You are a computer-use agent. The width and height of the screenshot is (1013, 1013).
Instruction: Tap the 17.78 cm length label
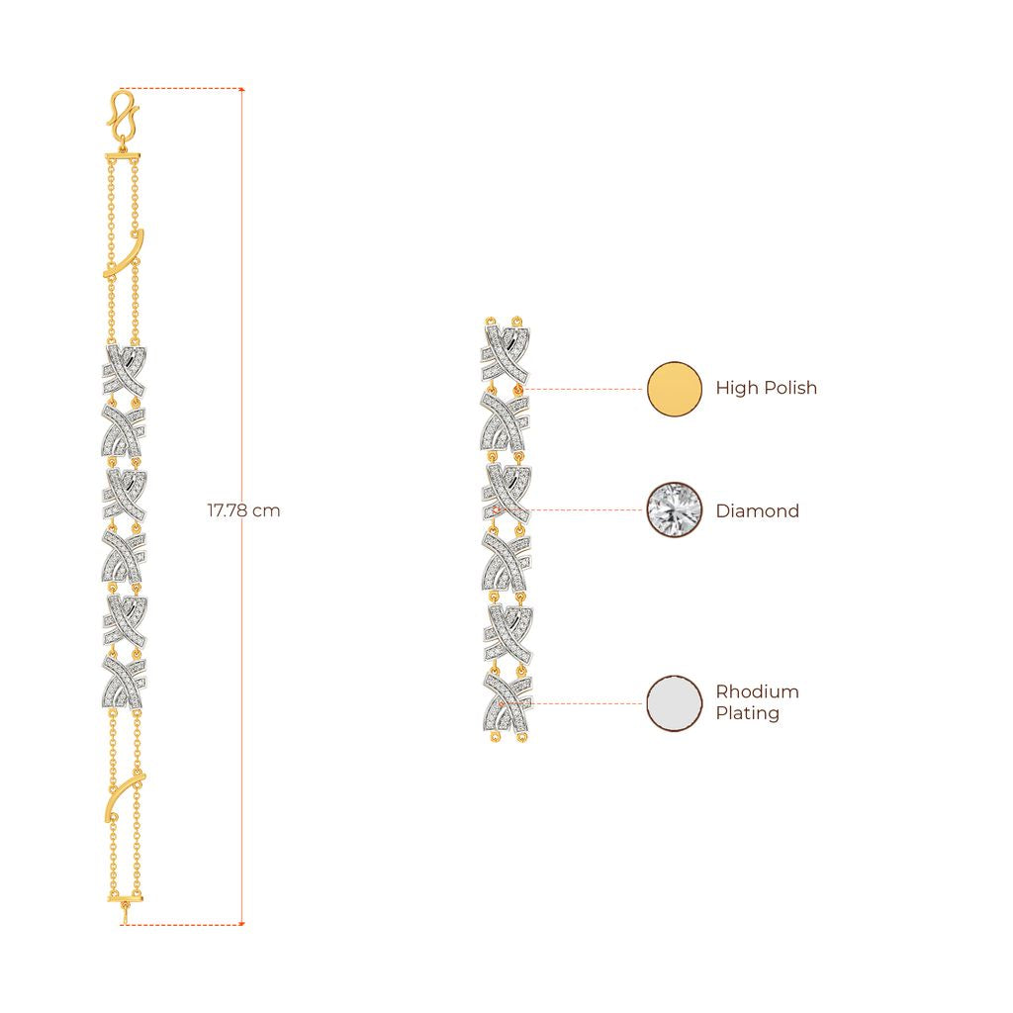[x=243, y=510]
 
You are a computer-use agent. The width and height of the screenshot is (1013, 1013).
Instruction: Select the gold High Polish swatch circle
[x=675, y=389]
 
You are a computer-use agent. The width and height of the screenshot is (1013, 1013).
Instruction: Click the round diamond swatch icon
[x=675, y=509]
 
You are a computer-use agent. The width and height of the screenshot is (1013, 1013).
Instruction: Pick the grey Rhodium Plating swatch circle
[x=675, y=703]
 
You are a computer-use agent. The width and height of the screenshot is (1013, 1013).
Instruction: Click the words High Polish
[x=767, y=388]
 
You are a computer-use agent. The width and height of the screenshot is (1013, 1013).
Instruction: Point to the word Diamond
[x=757, y=511]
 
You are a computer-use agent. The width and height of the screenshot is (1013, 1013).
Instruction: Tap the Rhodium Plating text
[x=757, y=702]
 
